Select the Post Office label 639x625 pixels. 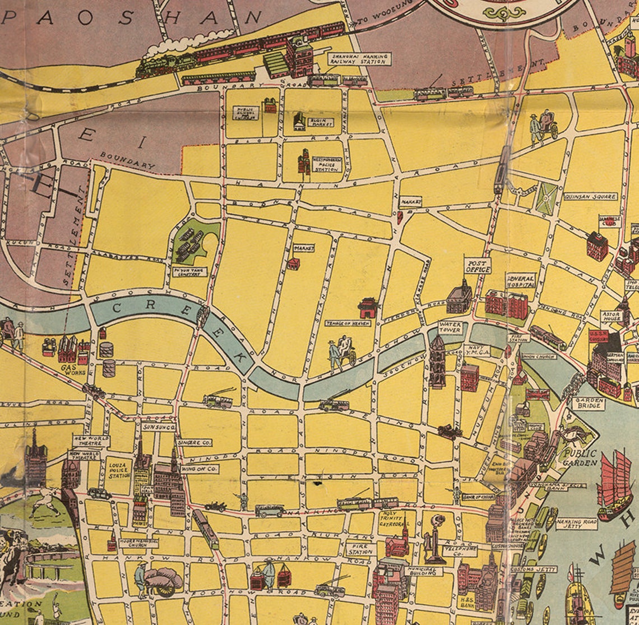point(478,266)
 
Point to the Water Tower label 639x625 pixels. point(450,327)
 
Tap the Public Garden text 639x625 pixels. point(580,457)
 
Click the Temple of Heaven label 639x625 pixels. point(348,323)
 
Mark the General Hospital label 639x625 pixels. point(521,280)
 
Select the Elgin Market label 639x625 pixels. point(321,122)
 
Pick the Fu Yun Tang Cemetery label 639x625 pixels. point(189,272)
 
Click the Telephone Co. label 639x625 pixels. point(460,550)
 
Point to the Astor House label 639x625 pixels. point(611,316)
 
